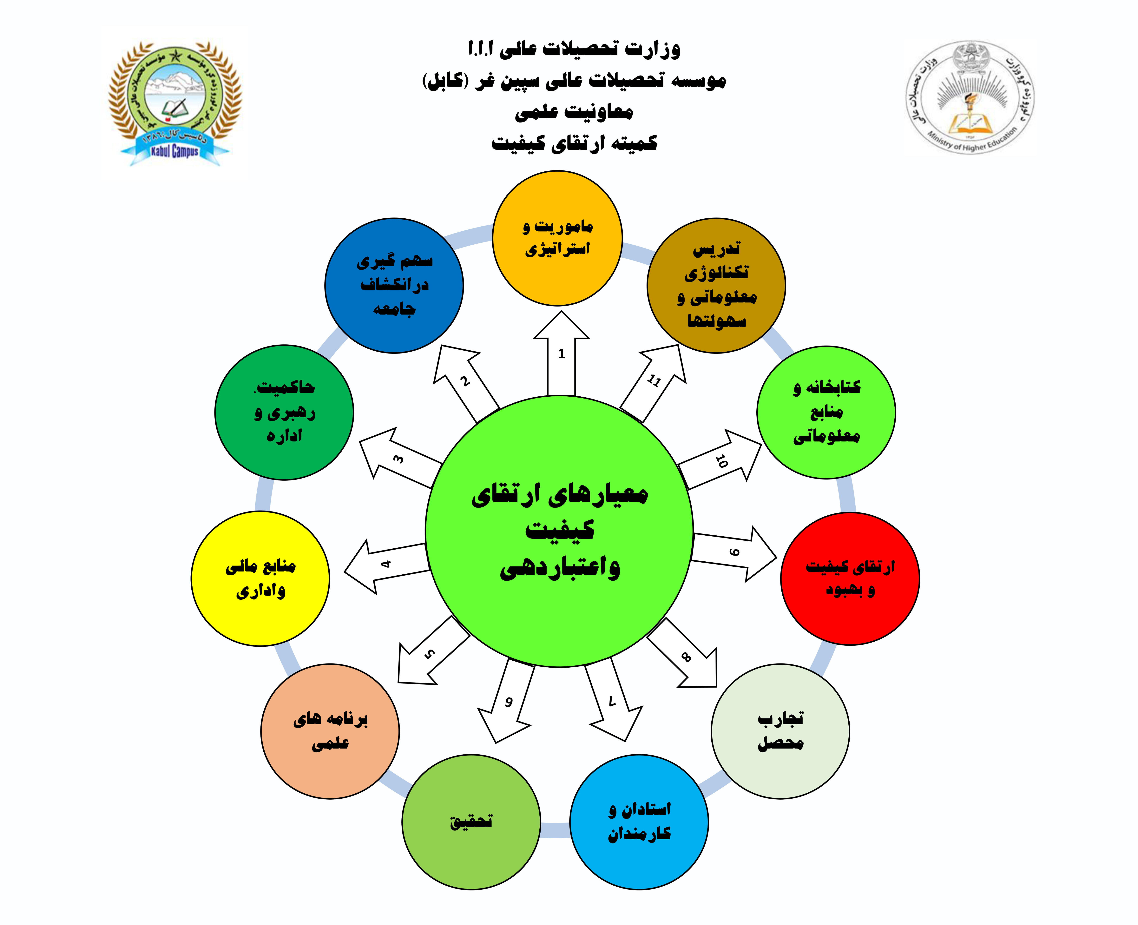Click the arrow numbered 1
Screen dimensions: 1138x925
561,354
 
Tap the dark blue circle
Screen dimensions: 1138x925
394,286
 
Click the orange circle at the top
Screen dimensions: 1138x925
557,238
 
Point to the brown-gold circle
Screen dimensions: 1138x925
716,286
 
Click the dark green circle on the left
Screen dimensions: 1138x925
284,412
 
